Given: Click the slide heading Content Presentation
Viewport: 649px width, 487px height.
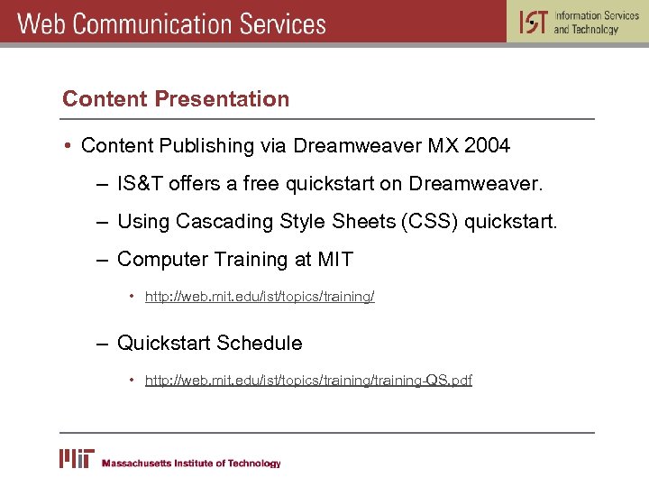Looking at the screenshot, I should coord(176,99).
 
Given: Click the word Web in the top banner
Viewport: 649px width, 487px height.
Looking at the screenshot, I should coord(41,23).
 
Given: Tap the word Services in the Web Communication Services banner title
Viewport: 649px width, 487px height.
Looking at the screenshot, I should coord(280,23).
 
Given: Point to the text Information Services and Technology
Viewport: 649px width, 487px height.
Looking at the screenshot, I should coord(596,23).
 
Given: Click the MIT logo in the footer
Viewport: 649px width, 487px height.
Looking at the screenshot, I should coord(76,459).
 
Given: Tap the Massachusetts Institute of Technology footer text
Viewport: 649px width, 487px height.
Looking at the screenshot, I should coord(191,464).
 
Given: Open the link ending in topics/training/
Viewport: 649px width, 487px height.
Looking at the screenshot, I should coord(260,297).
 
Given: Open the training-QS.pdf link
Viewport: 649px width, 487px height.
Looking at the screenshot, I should coord(308,380).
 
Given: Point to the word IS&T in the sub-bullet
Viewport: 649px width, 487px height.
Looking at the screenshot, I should coord(140,184).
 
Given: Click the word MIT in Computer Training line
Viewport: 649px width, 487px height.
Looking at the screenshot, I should coord(335,260).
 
